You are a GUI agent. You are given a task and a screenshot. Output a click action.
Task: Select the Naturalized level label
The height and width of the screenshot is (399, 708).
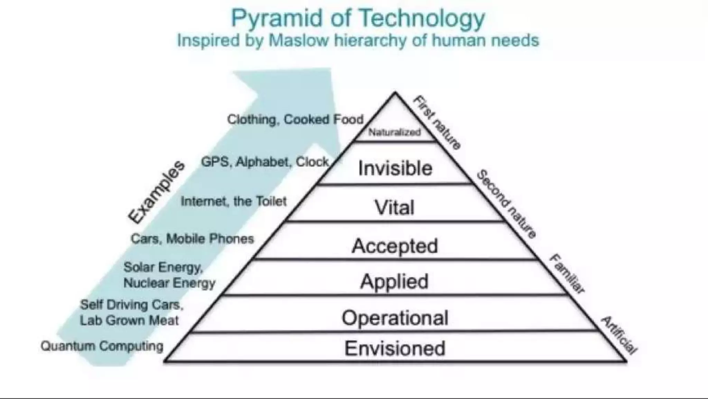tap(394, 132)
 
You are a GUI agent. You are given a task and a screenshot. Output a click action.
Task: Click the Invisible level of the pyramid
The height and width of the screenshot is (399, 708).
tap(395, 168)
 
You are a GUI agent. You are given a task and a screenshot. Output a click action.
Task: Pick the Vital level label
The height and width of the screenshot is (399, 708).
tap(394, 207)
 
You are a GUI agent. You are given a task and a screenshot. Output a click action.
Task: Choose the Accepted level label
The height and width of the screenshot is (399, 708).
tap(395, 246)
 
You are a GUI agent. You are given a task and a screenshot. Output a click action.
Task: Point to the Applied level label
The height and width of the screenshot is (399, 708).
tap(394, 281)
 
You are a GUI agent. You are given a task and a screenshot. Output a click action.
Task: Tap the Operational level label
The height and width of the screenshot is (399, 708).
tap(395, 318)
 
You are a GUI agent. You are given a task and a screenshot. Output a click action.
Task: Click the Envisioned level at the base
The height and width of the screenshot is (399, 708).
tap(395, 348)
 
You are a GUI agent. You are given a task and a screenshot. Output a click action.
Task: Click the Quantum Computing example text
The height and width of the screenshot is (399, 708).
tap(102, 346)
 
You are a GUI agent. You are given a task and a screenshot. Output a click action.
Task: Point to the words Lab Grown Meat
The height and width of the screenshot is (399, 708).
tap(129, 320)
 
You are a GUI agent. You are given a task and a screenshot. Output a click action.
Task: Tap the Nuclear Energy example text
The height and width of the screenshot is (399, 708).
tap(169, 283)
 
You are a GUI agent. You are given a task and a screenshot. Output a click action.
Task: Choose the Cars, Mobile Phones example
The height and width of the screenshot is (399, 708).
tap(192, 239)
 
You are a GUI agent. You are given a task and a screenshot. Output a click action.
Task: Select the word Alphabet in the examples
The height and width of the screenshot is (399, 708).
tap(262, 162)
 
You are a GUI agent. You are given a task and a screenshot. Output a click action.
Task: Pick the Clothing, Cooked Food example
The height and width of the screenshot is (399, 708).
tap(295, 119)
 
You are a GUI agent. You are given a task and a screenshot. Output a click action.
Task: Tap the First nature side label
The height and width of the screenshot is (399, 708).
tap(437, 122)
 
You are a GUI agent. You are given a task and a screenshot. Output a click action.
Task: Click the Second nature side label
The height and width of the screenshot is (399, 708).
tap(506, 204)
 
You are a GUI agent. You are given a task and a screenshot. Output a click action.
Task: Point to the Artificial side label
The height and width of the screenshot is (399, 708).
tap(619, 335)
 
